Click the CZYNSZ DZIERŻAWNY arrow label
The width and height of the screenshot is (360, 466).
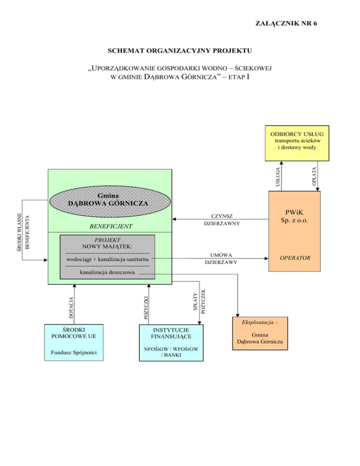(222, 220)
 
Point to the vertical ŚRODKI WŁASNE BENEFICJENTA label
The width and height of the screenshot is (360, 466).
(23, 231)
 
